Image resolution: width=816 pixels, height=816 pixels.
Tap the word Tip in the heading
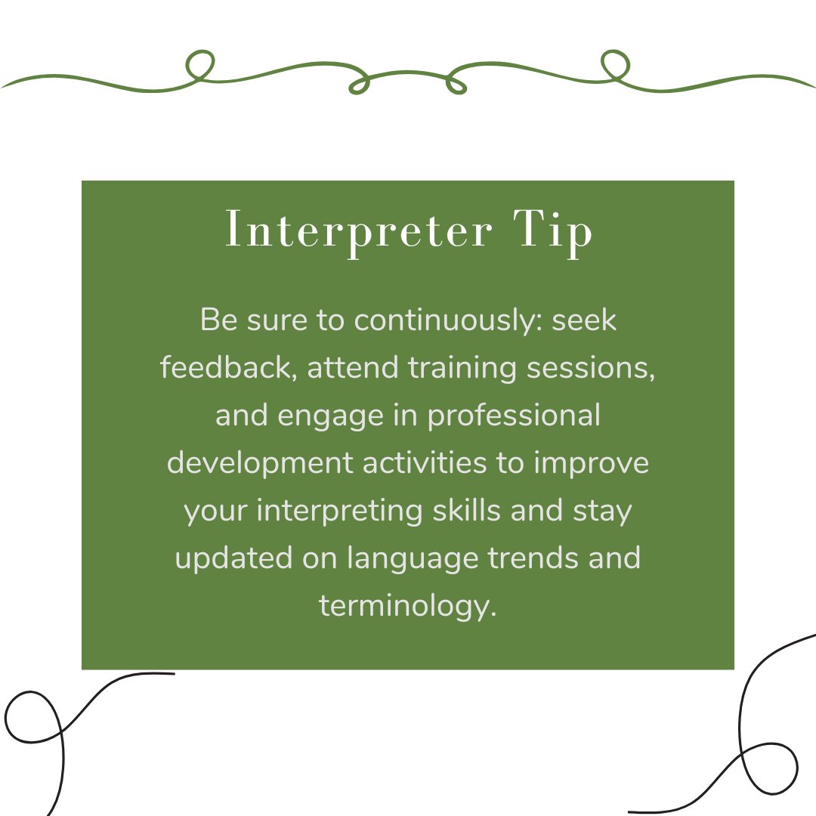coord(550,231)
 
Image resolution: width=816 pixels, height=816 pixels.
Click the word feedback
coord(227,368)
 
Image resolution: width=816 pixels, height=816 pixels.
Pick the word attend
coord(353,368)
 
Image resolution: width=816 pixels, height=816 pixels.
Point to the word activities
coord(425,463)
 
